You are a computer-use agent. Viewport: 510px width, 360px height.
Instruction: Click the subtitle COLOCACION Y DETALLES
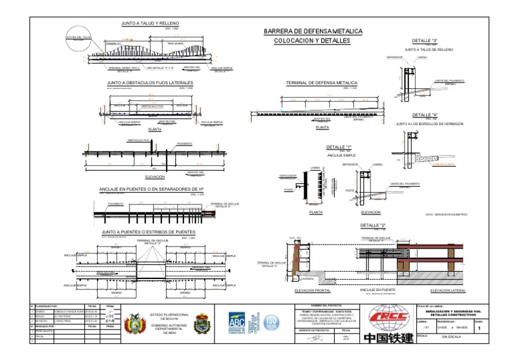pos(311,41)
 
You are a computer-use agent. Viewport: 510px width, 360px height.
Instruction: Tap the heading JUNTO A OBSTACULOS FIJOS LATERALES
pos(149,84)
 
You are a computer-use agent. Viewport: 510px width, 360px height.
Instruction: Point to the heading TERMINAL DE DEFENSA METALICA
pos(321,84)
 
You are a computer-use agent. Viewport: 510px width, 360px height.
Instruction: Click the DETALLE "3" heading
pos(425,41)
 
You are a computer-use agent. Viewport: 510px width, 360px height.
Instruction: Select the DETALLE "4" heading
pos(425,115)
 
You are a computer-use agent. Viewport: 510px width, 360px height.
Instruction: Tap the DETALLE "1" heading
pos(339,147)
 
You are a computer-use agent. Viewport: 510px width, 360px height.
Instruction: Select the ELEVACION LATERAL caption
pos(448,291)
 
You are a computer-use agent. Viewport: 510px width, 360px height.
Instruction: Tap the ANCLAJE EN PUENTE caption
pos(379,290)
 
